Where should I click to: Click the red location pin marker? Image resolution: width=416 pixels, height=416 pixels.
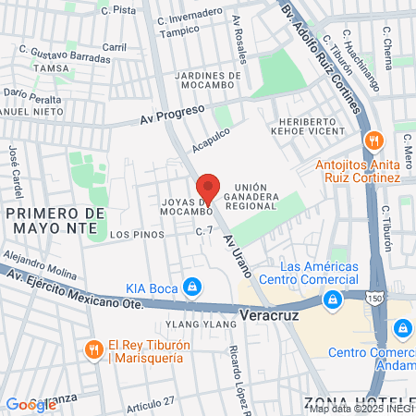click(209, 189)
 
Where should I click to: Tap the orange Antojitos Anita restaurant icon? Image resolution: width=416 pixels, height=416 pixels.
click(373, 141)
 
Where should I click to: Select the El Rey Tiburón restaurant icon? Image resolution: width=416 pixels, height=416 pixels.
click(93, 349)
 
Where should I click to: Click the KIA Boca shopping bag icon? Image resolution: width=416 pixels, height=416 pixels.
click(191, 288)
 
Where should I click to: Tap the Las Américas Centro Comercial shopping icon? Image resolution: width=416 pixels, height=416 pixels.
click(331, 300)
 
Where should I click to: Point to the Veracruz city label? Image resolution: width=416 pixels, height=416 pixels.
click(265, 314)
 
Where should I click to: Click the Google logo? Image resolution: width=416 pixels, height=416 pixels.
click(31, 404)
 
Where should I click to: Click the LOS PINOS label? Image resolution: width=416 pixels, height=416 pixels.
click(137, 235)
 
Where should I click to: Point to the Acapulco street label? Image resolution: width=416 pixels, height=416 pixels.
click(210, 141)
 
